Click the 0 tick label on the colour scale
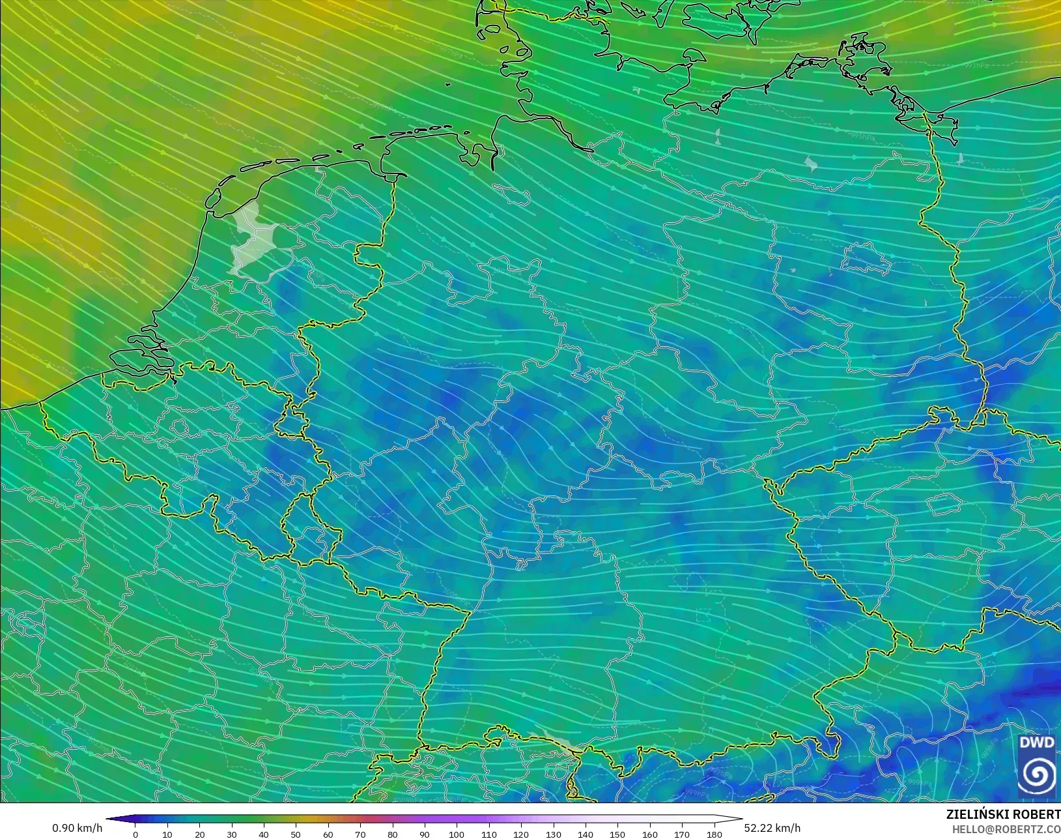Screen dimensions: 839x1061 coord(135,834)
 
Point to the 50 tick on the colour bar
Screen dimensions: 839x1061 coord(296,834)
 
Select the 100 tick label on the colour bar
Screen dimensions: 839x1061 coord(457,834)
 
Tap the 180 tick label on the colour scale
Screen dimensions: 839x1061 coord(714,834)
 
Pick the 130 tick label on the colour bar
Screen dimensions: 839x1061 coord(553,834)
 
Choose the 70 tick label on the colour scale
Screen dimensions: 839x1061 coord(360,834)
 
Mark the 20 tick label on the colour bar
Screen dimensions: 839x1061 coord(199,834)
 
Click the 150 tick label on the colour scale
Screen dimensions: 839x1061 coord(617,834)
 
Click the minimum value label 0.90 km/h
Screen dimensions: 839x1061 coord(77,828)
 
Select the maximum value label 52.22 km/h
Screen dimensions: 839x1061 coord(772,828)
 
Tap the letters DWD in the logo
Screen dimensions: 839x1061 coord(1036,743)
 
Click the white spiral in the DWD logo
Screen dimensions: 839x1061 coord(1037,774)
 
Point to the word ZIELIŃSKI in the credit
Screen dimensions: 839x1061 coord(974,815)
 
